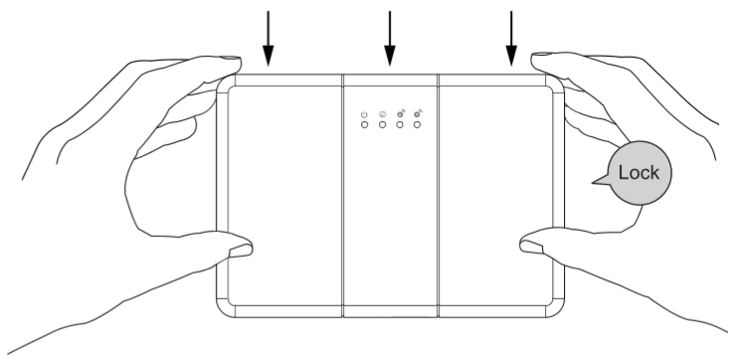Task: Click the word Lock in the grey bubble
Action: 639,172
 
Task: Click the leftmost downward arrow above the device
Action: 269,39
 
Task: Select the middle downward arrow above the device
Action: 390,39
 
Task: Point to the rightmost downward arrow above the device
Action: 511,39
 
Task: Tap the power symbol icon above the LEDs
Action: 364,114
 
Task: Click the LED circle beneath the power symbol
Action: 364,124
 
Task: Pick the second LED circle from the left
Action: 382,124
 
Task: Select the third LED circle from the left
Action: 400,124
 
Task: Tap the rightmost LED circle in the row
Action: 417,124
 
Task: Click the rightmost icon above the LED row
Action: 418,113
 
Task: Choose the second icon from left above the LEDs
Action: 382,114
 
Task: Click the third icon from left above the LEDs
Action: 400,113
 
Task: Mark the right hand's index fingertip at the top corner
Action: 538,58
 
